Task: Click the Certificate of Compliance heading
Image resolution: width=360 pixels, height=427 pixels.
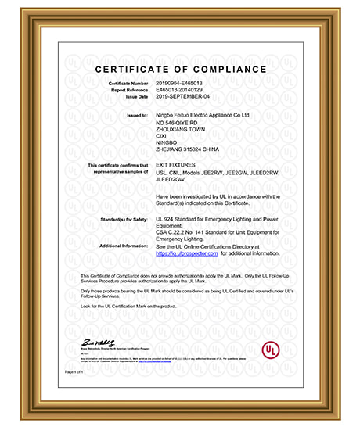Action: pos(181,70)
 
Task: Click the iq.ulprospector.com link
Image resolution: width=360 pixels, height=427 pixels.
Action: pos(187,253)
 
